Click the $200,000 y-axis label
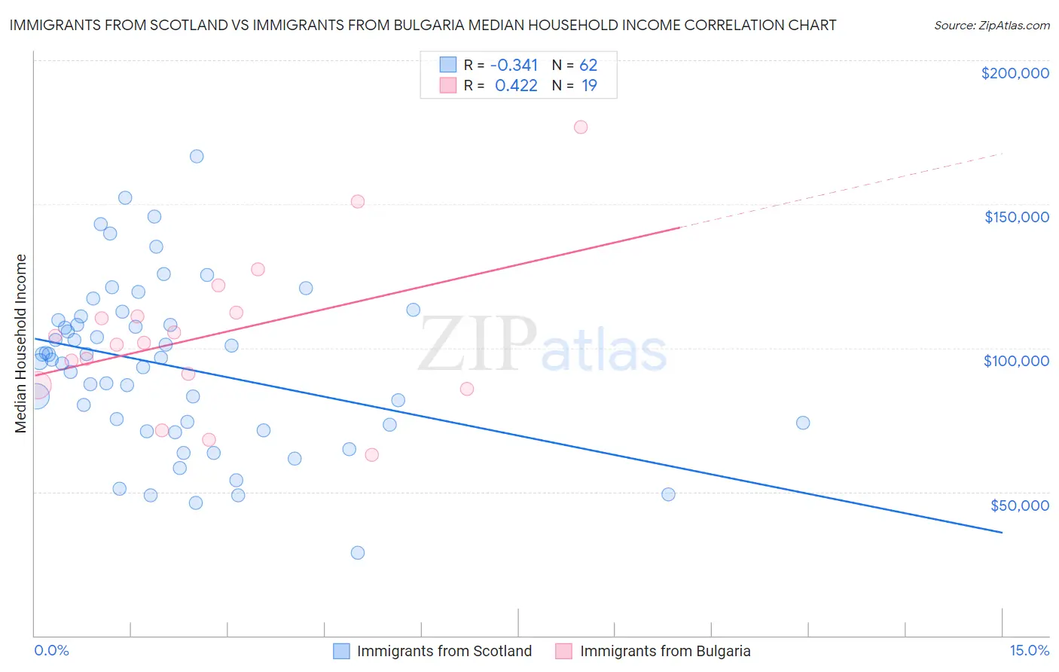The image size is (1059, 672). pyautogui.click(x=1015, y=73)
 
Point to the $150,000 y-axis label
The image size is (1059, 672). pyautogui.click(x=1016, y=217)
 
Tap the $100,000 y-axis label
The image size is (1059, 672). pyautogui.click(x=1016, y=361)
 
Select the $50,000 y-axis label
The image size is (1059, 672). pyautogui.click(x=1019, y=505)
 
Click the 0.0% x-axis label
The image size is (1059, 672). pyautogui.click(x=51, y=650)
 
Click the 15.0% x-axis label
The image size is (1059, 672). pyautogui.click(x=1029, y=650)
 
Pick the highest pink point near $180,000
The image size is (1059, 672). pyautogui.click(x=581, y=127)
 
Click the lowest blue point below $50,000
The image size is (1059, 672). pyautogui.click(x=358, y=553)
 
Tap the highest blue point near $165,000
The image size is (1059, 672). pyautogui.click(x=197, y=157)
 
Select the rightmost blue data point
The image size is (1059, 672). pyautogui.click(x=803, y=423)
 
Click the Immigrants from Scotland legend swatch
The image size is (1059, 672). pyautogui.click(x=341, y=651)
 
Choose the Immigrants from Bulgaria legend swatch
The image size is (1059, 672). pyautogui.click(x=563, y=651)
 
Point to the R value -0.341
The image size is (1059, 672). pyautogui.click(x=514, y=66)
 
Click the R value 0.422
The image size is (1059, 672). pyautogui.click(x=516, y=86)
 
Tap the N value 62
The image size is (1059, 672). pyautogui.click(x=588, y=66)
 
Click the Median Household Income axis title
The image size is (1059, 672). pyautogui.click(x=21, y=344)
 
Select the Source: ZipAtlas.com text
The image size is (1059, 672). pyautogui.click(x=991, y=26)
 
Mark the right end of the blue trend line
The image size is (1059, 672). pyautogui.click(x=1002, y=533)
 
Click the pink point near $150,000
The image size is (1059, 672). pyautogui.click(x=358, y=202)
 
